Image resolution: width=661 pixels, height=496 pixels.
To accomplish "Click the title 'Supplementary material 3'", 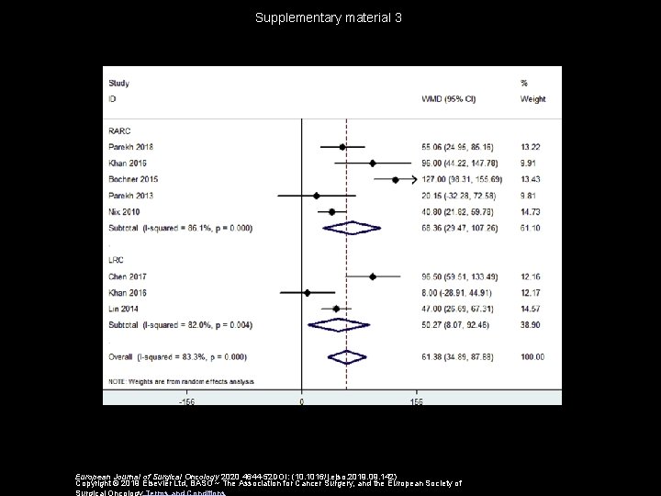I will point(330,17).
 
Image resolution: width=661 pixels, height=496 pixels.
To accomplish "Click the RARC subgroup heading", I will point(119,130).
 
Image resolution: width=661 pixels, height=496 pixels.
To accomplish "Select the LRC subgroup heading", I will point(117,260).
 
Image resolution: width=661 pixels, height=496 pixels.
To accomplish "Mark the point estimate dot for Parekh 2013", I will point(317,195).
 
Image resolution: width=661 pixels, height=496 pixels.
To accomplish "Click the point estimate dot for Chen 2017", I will point(373,276).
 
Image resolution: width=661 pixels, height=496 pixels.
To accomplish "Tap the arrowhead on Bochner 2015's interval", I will point(413,179).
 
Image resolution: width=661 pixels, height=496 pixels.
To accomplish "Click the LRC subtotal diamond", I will point(338,324).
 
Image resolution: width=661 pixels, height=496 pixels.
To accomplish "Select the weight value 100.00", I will point(532,356).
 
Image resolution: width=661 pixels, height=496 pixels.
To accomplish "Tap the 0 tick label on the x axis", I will point(302,400).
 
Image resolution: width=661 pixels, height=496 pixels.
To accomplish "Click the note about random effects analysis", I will point(182,379).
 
